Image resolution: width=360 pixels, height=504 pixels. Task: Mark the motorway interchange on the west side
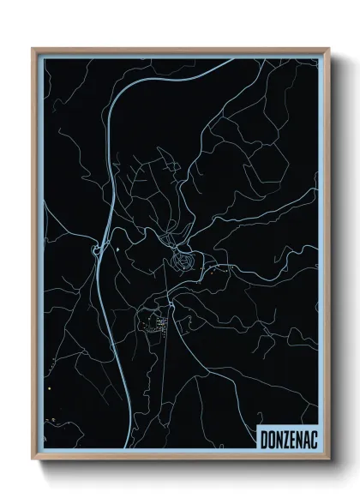pyautogui.click(x=94, y=251)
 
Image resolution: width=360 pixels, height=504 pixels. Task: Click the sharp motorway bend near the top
pyautogui.click(x=120, y=96)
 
